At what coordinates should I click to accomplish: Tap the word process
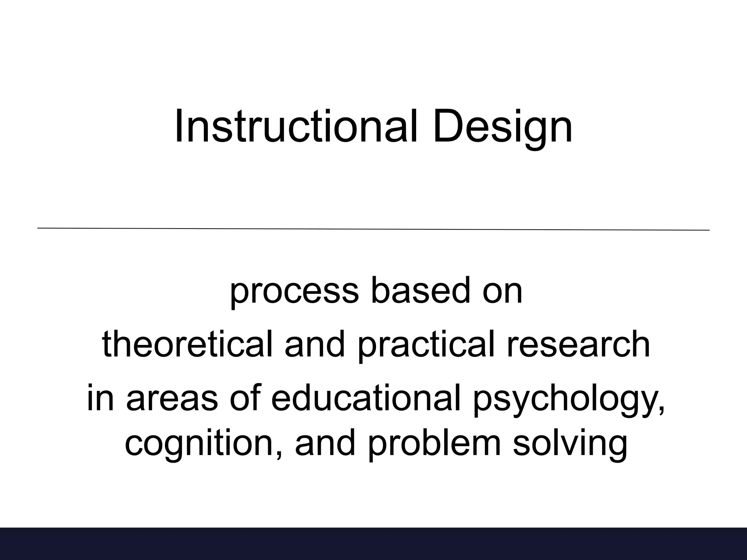tap(294, 292)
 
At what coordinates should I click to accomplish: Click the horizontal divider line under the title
tap(373, 229)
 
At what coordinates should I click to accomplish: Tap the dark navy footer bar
tap(373, 543)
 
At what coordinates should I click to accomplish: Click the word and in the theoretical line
tap(314, 344)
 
